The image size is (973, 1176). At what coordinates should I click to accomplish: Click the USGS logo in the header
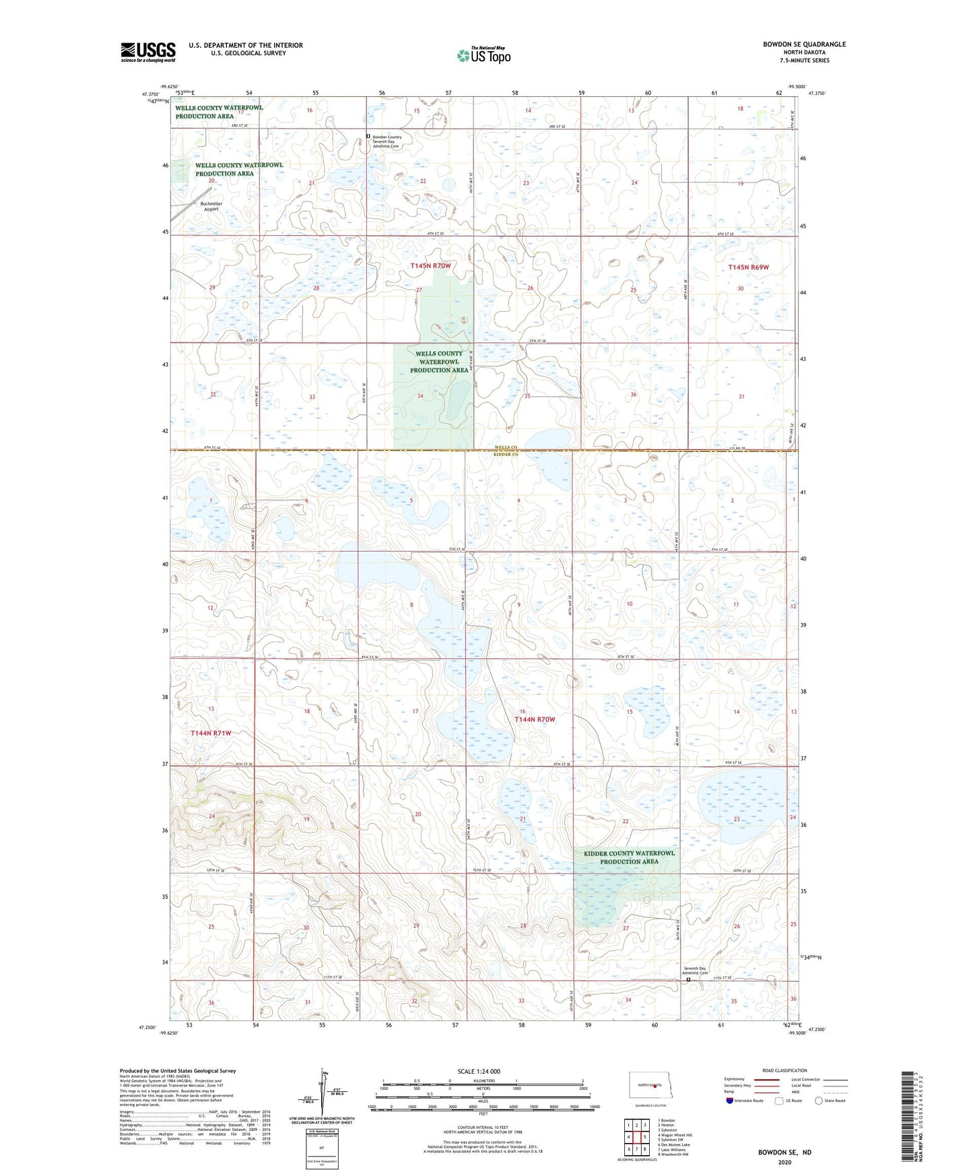(x=147, y=52)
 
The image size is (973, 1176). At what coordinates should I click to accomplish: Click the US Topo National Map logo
(x=483, y=55)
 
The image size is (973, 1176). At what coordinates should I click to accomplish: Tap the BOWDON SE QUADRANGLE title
(x=804, y=44)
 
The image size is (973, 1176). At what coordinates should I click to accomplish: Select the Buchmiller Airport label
(x=211, y=206)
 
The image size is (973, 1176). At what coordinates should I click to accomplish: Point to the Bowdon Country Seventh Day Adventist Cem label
(x=387, y=141)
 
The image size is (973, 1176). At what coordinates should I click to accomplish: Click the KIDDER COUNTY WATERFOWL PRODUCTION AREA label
(x=629, y=857)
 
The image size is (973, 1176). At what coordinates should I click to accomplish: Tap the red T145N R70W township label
(x=430, y=266)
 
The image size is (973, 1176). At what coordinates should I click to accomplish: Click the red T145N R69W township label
(x=748, y=267)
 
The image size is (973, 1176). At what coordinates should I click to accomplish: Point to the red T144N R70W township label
(x=535, y=719)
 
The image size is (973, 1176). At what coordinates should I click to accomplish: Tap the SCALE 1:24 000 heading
(x=479, y=1071)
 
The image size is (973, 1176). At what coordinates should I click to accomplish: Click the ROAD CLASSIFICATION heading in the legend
(x=784, y=1070)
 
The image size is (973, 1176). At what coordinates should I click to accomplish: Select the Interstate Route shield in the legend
(x=730, y=1101)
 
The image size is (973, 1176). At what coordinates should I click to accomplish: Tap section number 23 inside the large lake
(x=737, y=819)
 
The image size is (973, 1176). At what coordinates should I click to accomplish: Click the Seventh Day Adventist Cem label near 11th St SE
(x=695, y=970)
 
